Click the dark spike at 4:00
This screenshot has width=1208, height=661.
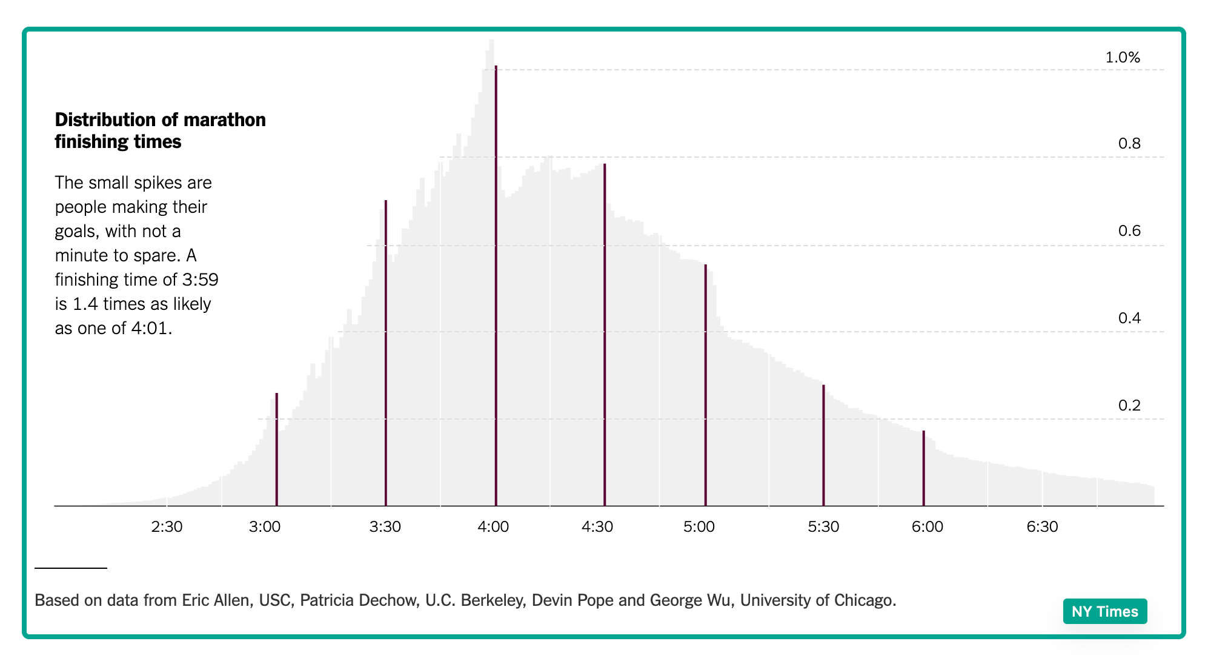point(496,285)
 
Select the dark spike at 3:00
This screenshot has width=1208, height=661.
point(276,449)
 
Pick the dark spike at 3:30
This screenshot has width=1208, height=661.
point(386,352)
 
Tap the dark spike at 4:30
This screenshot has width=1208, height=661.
point(605,334)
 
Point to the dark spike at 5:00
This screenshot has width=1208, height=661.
point(706,385)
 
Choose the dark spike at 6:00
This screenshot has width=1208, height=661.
point(923,468)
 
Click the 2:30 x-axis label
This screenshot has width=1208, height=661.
point(167,526)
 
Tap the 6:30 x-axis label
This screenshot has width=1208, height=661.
point(1042,526)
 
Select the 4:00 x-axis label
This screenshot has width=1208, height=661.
point(493,526)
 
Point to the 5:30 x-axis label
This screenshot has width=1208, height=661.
point(823,526)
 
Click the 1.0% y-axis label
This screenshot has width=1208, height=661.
point(1123,58)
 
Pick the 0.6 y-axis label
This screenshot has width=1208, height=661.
point(1129,231)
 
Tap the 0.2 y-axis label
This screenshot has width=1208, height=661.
point(1129,406)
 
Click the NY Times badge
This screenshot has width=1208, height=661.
point(1104,611)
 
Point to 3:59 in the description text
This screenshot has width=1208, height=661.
point(200,280)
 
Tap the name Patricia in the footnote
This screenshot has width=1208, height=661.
point(326,600)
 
